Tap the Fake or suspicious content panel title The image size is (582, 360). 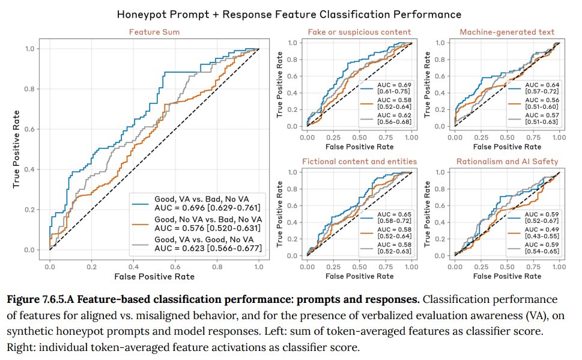359,32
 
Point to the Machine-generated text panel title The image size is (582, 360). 507,32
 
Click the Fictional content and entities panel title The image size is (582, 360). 359,161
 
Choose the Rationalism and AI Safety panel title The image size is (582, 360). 507,161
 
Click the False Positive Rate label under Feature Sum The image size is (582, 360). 154,276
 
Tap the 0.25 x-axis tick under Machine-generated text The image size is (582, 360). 480,137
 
